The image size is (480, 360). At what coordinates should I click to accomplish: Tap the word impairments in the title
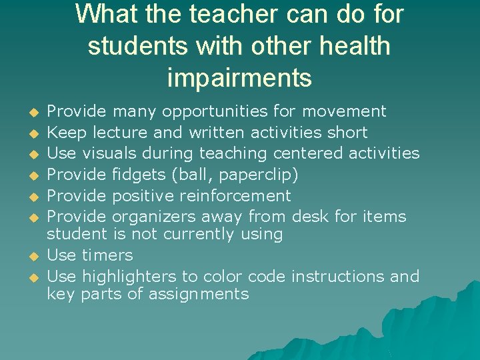239,77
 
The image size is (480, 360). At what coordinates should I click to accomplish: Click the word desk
321,217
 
